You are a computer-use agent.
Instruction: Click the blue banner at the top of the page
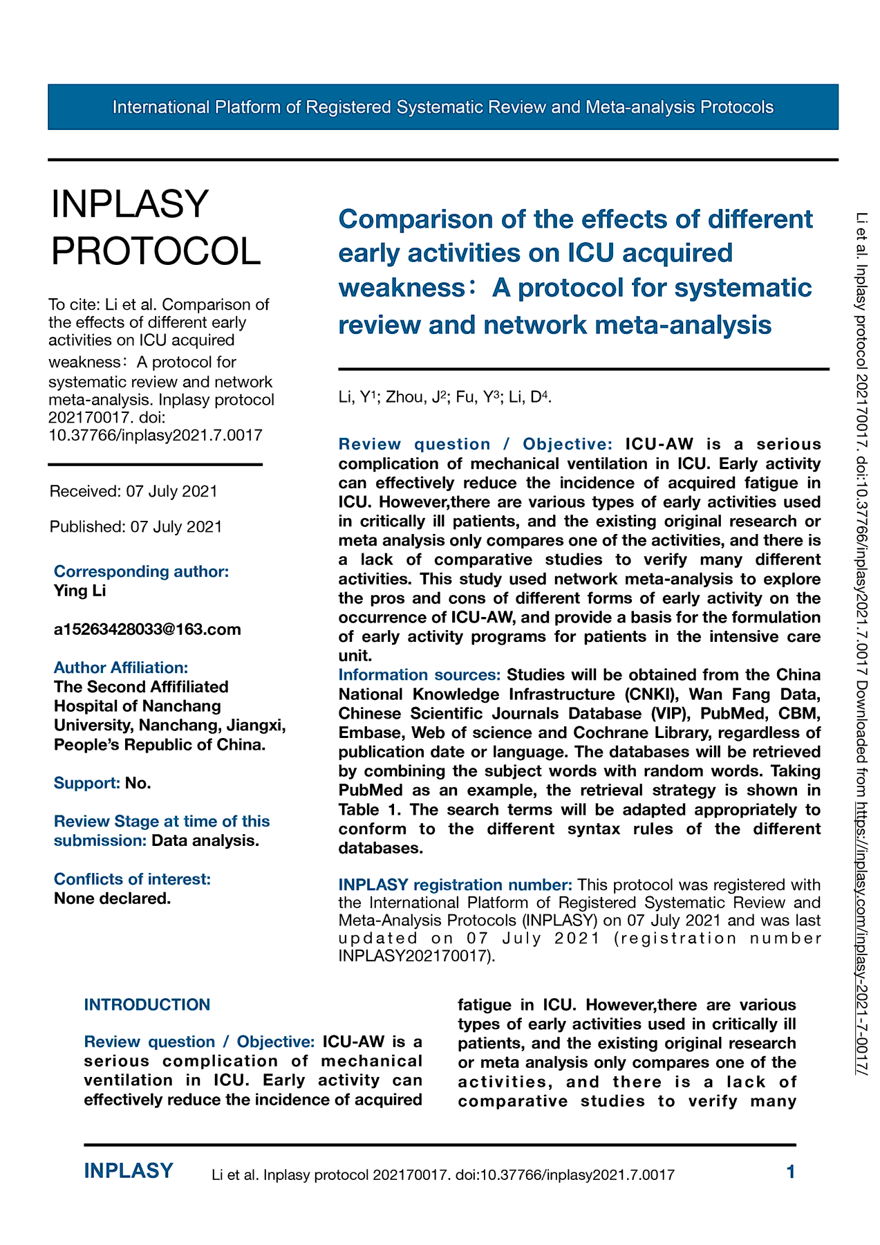[442, 107]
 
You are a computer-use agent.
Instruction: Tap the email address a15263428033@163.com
[147, 629]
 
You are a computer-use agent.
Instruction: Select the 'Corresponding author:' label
[141, 571]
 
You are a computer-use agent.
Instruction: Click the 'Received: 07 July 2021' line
[133, 491]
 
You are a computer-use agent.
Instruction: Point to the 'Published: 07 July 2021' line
[135, 527]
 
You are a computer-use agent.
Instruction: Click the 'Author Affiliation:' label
[121, 667]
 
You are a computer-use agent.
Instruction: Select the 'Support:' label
[87, 783]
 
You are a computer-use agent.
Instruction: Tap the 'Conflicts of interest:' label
[132, 879]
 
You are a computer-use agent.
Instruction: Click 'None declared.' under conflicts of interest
[112, 898]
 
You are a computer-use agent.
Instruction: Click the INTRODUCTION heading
[147, 1004]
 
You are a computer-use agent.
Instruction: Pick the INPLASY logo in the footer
[129, 1171]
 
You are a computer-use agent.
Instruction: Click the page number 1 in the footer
[791, 1172]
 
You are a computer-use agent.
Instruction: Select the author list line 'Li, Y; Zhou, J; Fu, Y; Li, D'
[444, 397]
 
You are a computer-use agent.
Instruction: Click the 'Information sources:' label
[420, 674]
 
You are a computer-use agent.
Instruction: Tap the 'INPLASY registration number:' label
[455, 885]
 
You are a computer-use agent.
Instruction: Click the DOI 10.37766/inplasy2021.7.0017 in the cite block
[156, 435]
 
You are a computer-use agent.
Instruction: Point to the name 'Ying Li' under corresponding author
[79, 591]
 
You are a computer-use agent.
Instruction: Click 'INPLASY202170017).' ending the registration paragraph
[417, 957]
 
